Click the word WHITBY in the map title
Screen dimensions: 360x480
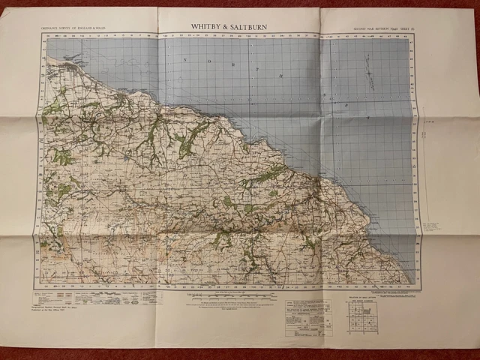click(x=205, y=26)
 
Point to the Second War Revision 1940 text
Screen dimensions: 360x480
click(x=370, y=28)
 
